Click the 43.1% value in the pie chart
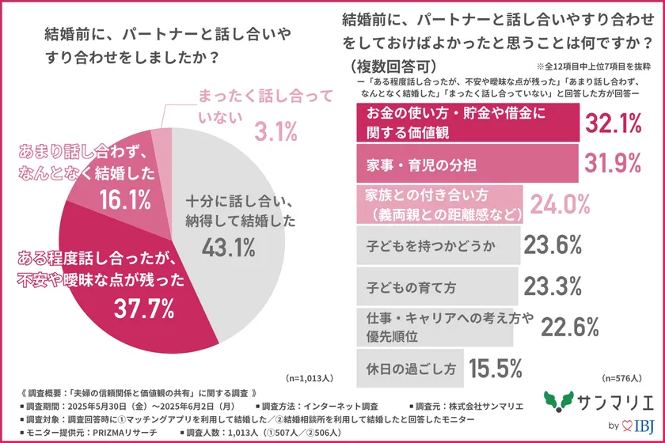229,247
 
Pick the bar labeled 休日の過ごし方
408,368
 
